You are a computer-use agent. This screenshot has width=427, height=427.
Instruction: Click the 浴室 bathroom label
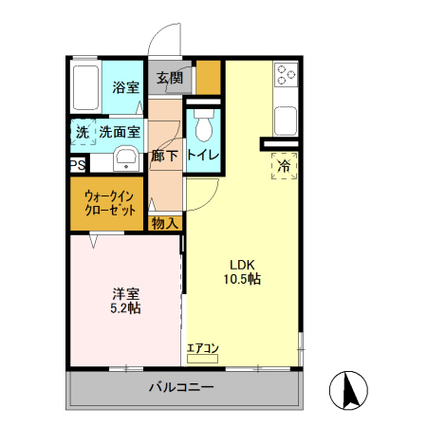click(125, 88)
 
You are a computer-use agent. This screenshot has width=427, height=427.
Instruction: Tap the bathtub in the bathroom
click(86, 87)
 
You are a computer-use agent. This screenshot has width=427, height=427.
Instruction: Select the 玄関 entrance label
click(171, 78)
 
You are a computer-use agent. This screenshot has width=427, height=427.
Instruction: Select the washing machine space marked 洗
click(82, 133)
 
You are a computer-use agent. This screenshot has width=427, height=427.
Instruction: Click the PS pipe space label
click(76, 164)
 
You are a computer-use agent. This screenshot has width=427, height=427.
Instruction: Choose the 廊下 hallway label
click(165, 156)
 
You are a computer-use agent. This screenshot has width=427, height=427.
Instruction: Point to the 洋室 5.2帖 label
click(123, 300)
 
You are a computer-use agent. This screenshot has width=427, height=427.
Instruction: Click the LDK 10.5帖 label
click(243, 271)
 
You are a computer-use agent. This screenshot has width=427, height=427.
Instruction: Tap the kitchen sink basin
click(285, 121)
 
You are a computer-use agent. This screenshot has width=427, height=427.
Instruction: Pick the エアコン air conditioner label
click(202, 348)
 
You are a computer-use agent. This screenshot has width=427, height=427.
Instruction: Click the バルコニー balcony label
click(180, 388)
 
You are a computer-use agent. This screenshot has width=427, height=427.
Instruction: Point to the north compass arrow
click(347, 389)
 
